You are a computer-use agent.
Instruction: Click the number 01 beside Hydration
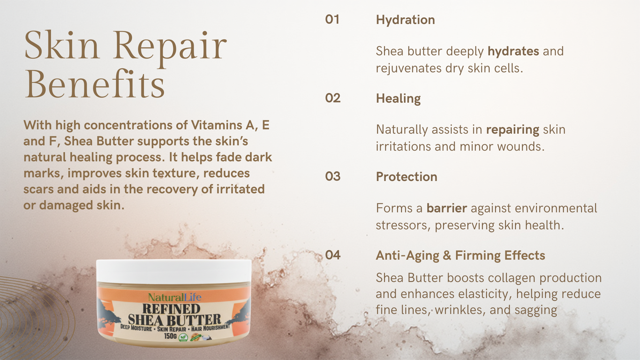[332, 19]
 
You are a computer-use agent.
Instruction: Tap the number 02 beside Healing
[333, 98]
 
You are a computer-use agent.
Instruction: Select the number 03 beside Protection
[333, 176]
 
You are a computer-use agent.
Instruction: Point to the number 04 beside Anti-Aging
[333, 255]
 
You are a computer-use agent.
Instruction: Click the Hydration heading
[405, 20]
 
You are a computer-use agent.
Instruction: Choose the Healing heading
[398, 98]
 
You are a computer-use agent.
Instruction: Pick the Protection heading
[406, 177]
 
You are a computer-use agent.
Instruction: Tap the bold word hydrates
[513, 51]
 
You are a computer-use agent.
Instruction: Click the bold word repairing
[512, 130]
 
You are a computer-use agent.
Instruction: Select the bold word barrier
[447, 208]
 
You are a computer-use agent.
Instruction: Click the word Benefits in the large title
[94, 84]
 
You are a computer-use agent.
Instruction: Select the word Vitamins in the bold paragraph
[217, 125]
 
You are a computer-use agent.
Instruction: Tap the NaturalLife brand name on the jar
[175, 297]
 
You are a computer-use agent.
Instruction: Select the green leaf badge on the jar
[182, 337]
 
